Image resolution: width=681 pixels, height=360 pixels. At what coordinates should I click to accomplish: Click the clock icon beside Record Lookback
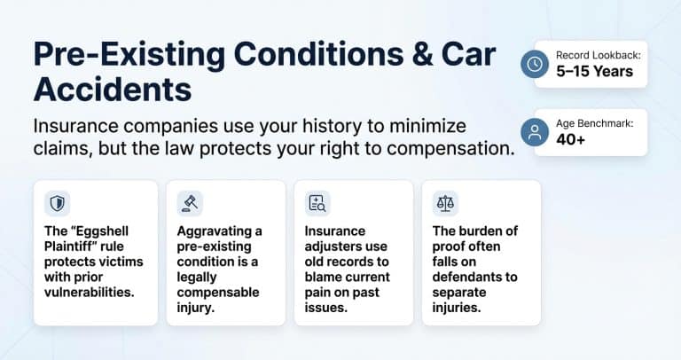535,65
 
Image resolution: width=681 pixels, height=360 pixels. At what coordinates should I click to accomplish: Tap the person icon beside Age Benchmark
535,132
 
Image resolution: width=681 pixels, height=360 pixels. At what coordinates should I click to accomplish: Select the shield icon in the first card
58,203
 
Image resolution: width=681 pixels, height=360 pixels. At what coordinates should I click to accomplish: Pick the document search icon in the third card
317,203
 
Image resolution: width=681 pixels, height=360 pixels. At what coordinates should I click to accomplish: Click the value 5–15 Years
595,72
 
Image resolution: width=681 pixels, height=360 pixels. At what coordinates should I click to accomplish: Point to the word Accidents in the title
111,89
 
